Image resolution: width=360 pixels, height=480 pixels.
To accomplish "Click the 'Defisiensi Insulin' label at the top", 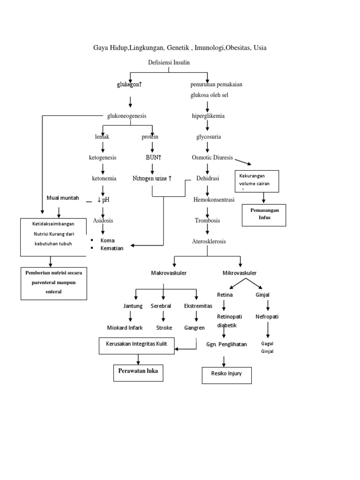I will (x=168, y=63).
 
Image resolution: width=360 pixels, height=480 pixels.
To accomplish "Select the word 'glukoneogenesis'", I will (x=127, y=116).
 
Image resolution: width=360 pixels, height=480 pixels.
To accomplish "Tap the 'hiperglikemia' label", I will (x=208, y=116).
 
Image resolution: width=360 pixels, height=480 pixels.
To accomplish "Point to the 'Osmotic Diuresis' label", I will (x=212, y=157).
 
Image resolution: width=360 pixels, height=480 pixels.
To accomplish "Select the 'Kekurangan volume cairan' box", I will (x=257, y=181).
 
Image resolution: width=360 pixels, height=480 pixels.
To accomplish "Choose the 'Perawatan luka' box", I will (x=138, y=371).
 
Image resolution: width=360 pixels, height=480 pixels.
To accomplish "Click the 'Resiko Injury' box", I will (x=227, y=375).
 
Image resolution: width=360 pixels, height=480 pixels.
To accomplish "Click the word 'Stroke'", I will (x=164, y=328).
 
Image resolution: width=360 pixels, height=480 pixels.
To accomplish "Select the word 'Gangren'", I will (x=195, y=328).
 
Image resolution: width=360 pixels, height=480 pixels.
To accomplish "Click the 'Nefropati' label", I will (x=267, y=316).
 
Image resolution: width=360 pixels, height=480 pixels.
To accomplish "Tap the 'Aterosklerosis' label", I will (x=209, y=241).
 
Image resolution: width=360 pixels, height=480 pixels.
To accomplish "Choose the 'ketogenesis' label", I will (x=103, y=157).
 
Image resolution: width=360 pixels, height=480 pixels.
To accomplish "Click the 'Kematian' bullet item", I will (x=112, y=248).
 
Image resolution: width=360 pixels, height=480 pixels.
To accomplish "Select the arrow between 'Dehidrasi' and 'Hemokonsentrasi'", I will (x=208, y=189).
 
